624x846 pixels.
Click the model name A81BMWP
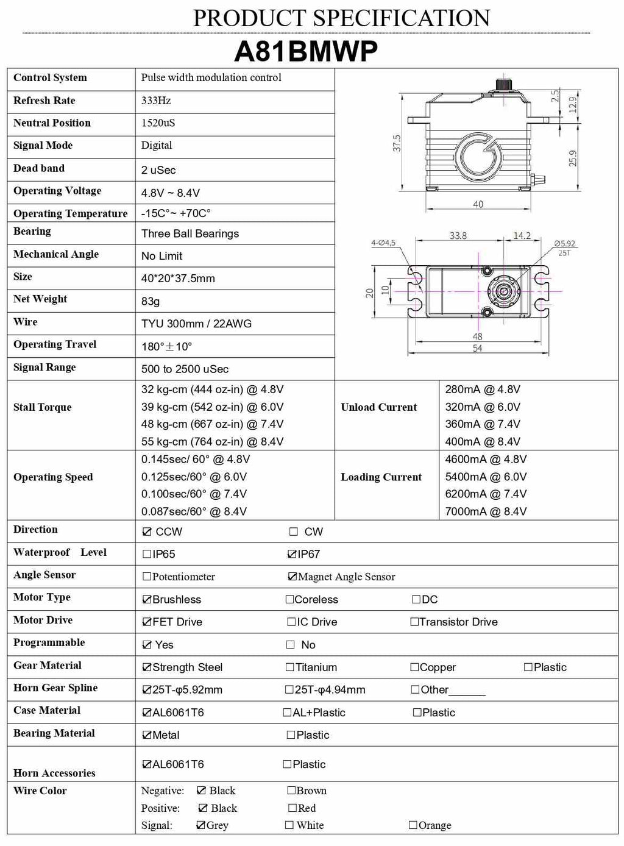click(x=306, y=51)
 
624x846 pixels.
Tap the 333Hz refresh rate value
click(x=156, y=101)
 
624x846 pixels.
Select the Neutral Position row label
click(x=52, y=123)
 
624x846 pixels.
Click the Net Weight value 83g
click(x=151, y=301)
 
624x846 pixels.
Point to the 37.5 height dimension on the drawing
click(x=397, y=143)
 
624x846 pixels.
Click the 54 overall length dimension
click(x=477, y=348)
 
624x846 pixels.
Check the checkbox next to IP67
click(x=292, y=554)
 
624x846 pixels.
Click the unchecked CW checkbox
click(x=294, y=531)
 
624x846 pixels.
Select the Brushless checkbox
click(x=146, y=600)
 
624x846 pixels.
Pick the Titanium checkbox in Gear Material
click(x=290, y=667)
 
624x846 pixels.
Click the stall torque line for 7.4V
click(x=212, y=424)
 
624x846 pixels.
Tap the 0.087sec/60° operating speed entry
click(x=194, y=512)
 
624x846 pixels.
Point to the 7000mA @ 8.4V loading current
click(x=486, y=512)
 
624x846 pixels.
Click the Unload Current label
click(x=378, y=407)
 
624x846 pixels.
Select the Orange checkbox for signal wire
click(x=413, y=825)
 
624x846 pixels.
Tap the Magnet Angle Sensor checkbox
click(x=292, y=577)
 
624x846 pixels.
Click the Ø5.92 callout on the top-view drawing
click(x=564, y=244)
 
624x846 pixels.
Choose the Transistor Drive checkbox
click(x=414, y=622)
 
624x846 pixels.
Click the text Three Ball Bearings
click(x=190, y=234)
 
